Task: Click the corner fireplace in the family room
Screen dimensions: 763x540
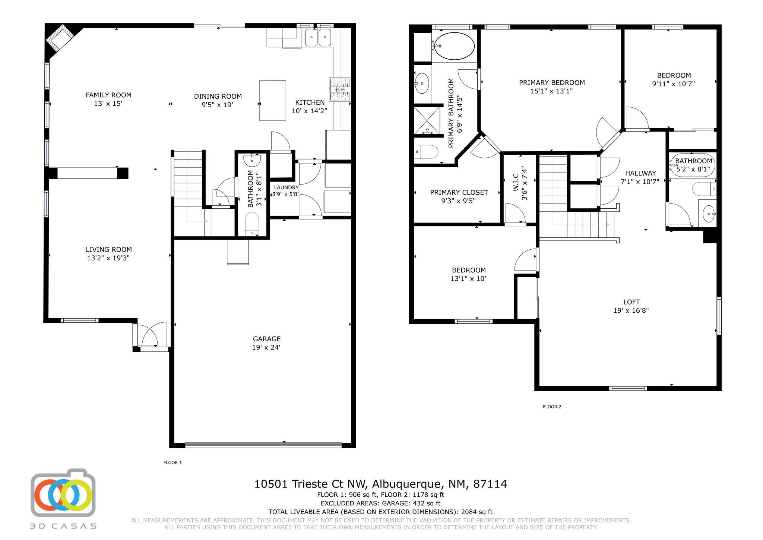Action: [60, 38]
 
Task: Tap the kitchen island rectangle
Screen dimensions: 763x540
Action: [272, 100]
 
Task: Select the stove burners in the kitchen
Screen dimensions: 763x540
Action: [340, 89]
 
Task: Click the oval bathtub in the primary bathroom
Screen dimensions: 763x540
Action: [455, 46]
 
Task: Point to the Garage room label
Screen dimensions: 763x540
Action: [266, 339]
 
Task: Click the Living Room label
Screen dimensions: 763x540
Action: [109, 249]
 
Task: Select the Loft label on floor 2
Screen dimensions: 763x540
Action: [631, 302]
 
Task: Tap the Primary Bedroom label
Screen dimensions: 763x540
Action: [552, 82]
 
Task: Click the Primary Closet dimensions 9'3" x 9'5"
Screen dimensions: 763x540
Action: [458, 201]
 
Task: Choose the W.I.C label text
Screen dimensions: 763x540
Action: [516, 183]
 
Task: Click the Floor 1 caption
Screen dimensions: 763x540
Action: [172, 462]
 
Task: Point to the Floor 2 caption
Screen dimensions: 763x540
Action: [552, 407]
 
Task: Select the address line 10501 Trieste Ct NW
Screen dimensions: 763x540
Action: [311, 484]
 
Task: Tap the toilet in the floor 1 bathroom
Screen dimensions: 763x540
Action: [252, 224]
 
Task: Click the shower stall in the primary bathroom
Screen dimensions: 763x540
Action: [427, 120]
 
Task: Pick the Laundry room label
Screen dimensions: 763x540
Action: [286, 187]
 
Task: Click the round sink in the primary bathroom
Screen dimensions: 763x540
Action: [422, 83]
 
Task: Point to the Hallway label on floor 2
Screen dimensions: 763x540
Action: [640, 173]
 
